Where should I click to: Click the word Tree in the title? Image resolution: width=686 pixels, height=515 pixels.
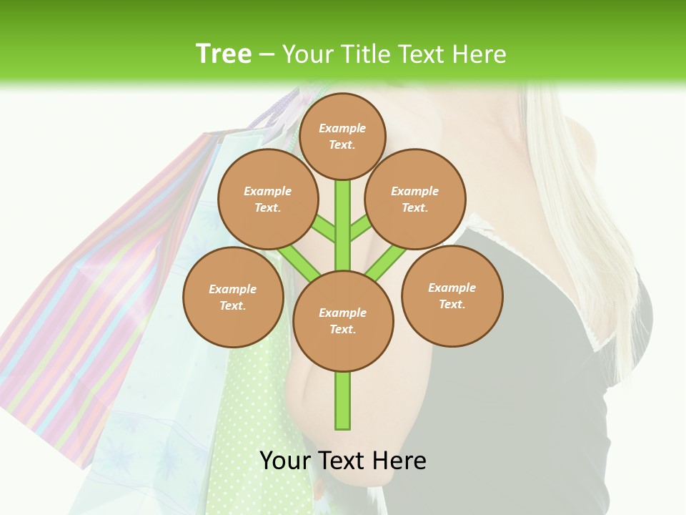tap(224, 54)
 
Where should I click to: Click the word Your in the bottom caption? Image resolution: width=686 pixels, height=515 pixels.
tap(286, 461)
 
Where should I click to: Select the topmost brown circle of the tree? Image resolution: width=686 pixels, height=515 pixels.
tap(342, 136)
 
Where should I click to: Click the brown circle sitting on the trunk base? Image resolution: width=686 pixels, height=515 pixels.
tap(343, 321)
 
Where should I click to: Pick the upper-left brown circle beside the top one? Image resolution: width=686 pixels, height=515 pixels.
tap(267, 199)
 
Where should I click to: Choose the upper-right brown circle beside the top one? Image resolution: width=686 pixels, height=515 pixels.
tap(415, 199)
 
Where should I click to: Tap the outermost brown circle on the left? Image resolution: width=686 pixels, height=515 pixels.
tap(232, 297)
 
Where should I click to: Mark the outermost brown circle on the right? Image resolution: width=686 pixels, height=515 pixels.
tap(452, 295)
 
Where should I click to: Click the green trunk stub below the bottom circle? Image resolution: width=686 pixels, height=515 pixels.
tap(343, 401)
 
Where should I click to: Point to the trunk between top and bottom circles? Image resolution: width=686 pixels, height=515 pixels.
tap(343, 225)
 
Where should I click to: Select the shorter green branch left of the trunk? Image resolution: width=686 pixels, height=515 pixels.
tap(323, 229)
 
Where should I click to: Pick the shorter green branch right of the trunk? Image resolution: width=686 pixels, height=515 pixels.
tap(361, 228)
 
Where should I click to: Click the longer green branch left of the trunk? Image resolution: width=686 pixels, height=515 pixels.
tap(299, 262)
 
